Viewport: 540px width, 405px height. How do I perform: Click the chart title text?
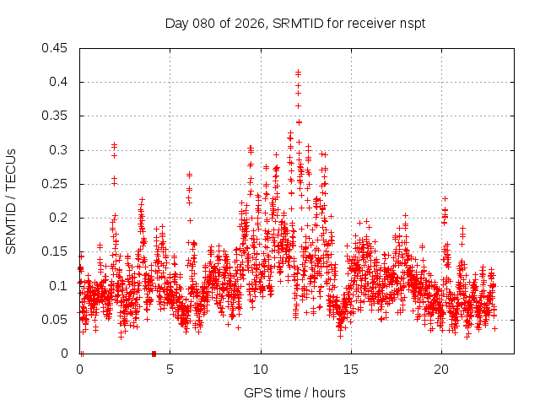click(x=294, y=23)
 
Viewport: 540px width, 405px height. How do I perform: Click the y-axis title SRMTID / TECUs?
click(x=11, y=200)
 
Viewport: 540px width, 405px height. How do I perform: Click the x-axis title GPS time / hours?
click(x=294, y=392)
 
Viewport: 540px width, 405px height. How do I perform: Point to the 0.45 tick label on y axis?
click(x=57, y=48)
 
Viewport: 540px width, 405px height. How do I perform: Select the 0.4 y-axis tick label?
click(x=60, y=82)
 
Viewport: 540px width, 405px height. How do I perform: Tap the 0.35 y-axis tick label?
click(x=57, y=116)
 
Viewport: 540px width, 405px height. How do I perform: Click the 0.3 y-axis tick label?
click(x=60, y=150)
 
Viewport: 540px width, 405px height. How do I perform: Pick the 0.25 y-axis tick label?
click(x=57, y=184)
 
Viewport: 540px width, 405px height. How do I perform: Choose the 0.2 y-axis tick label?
click(x=60, y=218)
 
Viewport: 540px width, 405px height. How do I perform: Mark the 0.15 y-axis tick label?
click(x=57, y=251)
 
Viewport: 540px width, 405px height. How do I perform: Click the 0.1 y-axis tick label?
click(x=60, y=285)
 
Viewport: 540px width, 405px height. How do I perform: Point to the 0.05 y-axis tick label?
click(x=57, y=320)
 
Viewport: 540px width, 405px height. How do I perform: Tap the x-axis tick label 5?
click(x=170, y=370)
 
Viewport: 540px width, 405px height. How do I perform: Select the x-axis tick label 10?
click(x=261, y=370)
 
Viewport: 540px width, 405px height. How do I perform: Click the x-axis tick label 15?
click(x=351, y=370)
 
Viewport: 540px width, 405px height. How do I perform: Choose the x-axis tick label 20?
click(x=441, y=370)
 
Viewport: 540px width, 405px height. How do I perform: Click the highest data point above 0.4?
click(x=298, y=73)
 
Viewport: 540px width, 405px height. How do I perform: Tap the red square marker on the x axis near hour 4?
click(x=154, y=354)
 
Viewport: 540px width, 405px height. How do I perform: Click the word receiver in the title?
click(x=370, y=23)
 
